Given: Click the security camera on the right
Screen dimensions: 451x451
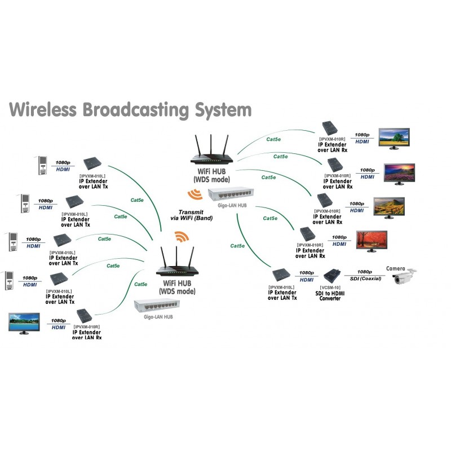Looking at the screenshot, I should pos(405,276).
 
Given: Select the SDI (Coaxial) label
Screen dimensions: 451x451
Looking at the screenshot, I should pos(363,278).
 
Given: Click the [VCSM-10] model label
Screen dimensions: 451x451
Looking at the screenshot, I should pos(329,288).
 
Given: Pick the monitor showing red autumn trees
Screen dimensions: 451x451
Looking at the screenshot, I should pos(373,240).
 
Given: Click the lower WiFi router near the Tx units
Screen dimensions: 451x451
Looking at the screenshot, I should pos(179,266).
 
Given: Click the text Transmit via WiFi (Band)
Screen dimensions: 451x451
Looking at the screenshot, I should pos(191,214).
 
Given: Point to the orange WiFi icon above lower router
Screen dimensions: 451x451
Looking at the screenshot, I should pos(180,236).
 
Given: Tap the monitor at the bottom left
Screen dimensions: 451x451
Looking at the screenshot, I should pos(23,323).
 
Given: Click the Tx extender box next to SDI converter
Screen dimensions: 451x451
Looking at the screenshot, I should pos(282,276).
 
